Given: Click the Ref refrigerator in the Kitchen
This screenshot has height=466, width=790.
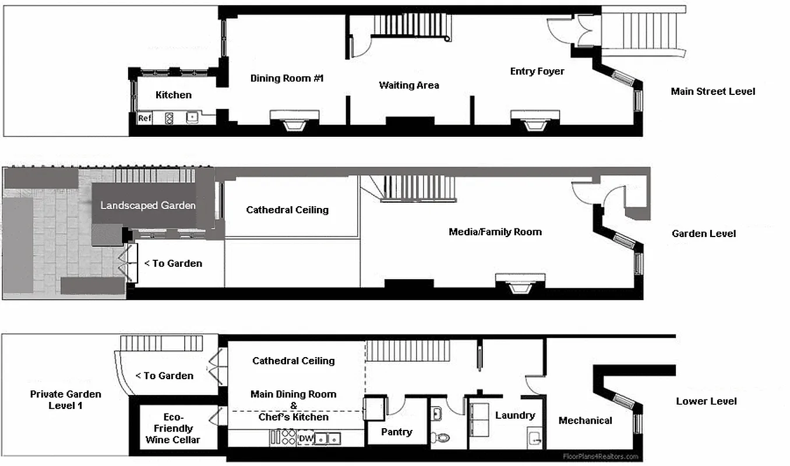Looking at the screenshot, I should click(x=144, y=118).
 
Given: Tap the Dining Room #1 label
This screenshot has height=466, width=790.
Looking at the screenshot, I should click(x=287, y=78).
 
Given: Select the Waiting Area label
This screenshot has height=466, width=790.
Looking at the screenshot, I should click(x=409, y=85).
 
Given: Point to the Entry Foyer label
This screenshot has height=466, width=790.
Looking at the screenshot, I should click(x=537, y=71).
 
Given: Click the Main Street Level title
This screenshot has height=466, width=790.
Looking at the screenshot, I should click(x=713, y=91).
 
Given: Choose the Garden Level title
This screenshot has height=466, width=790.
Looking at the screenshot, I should click(x=704, y=234).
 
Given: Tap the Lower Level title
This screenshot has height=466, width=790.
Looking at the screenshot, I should click(x=706, y=401).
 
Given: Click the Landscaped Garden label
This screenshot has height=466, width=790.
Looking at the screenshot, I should click(x=148, y=205).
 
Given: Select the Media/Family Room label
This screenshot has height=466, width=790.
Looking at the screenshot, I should click(x=495, y=232).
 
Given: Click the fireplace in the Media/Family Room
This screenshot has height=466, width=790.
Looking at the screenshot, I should click(x=520, y=283).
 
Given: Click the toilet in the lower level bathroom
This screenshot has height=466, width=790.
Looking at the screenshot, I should click(x=443, y=437).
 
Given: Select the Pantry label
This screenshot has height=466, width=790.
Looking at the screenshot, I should click(x=397, y=432).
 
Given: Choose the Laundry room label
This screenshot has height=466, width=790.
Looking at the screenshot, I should click(x=515, y=415).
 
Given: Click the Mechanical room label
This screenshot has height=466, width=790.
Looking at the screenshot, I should click(x=585, y=421).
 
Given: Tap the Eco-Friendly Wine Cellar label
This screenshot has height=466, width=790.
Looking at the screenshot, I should click(x=173, y=428).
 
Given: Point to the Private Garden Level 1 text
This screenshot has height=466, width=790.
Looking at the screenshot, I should click(x=65, y=400).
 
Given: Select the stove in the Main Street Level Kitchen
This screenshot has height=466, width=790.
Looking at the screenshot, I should click(x=170, y=118).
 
